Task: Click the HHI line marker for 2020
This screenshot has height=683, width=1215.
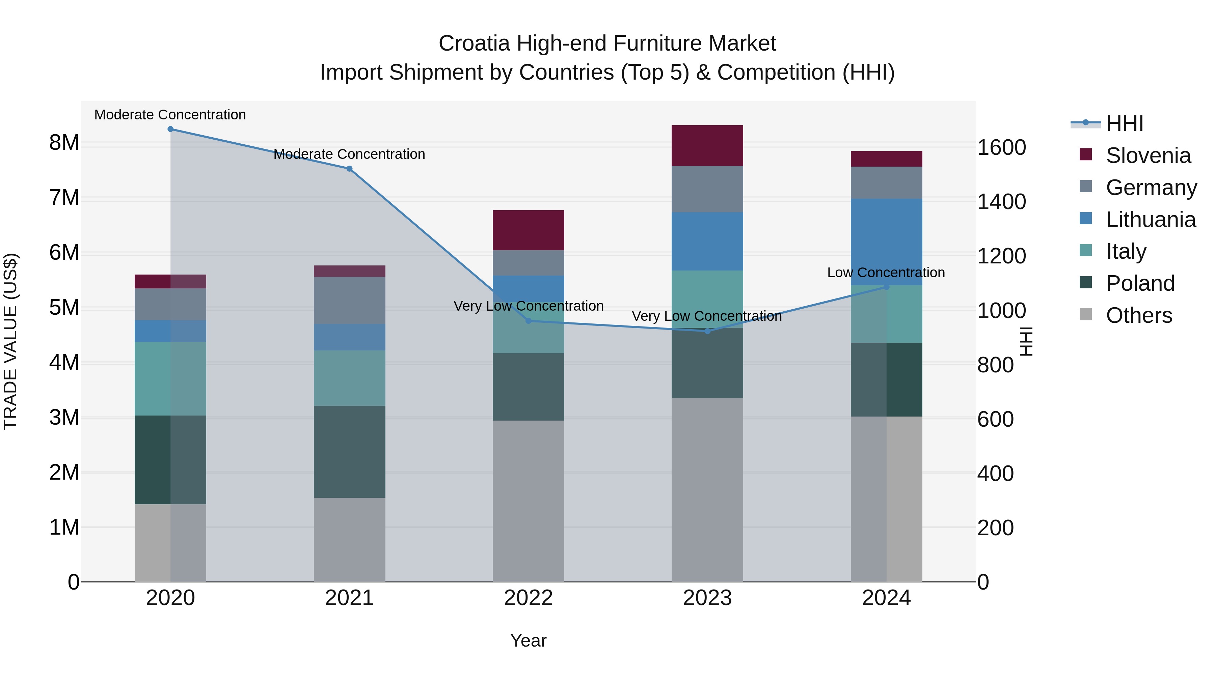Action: tap(170, 129)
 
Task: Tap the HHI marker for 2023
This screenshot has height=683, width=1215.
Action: tap(707, 331)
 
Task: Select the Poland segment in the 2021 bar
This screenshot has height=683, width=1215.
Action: tap(350, 452)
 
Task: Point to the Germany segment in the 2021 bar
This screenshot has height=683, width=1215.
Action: tap(350, 300)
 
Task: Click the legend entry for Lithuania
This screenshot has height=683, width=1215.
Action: tap(1151, 220)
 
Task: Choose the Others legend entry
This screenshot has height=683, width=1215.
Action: tap(1139, 315)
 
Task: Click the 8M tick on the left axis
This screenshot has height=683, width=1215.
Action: tap(64, 142)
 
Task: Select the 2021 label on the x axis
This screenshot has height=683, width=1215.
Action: tap(350, 598)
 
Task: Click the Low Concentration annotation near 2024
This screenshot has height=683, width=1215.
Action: tap(886, 273)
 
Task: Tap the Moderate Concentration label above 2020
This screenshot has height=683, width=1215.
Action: tap(170, 115)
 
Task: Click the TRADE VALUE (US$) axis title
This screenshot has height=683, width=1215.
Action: tap(10, 341)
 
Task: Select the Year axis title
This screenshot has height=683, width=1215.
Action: tap(528, 641)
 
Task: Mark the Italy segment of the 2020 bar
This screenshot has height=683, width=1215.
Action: tap(170, 378)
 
